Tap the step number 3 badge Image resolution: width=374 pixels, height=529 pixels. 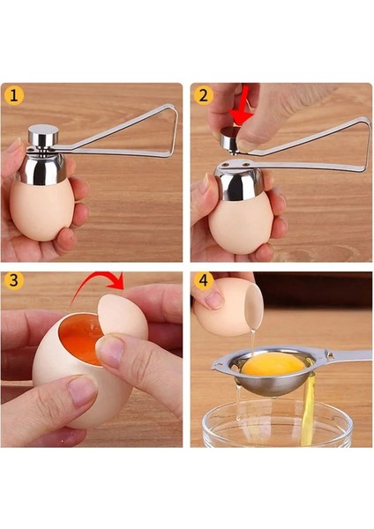click(x=15, y=282)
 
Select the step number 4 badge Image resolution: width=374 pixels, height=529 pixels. click(x=204, y=282)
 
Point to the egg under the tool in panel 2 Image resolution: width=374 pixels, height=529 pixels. click(x=240, y=225)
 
